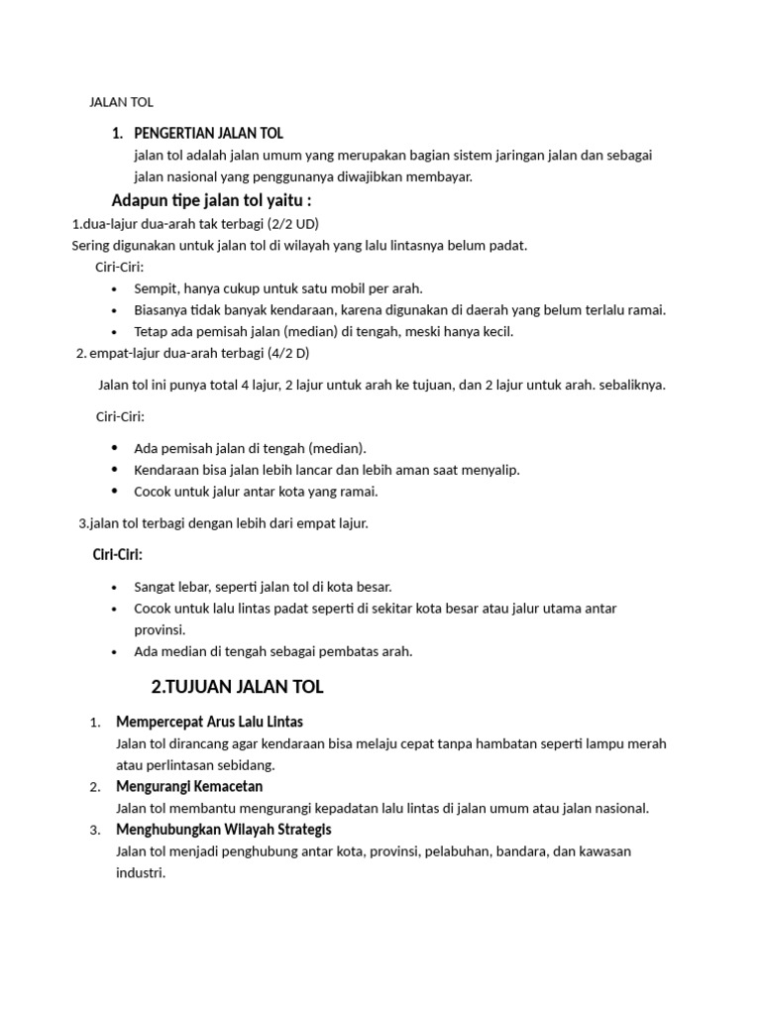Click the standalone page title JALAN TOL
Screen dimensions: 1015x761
pyautogui.click(x=121, y=101)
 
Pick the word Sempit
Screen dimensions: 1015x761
pyautogui.click(x=156, y=288)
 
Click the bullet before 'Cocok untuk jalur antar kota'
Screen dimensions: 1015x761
pyautogui.click(x=115, y=491)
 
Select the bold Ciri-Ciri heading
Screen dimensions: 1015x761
pyautogui.click(x=118, y=554)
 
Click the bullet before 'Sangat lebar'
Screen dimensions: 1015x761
pyautogui.click(x=115, y=587)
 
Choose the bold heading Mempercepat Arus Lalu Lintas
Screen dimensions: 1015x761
pyautogui.click(x=209, y=721)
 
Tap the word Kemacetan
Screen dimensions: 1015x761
pyautogui.click(x=228, y=786)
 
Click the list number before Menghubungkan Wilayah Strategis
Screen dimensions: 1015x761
pyautogui.click(x=94, y=830)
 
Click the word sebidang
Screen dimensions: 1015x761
pyautogui.click(x=245, y=764)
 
